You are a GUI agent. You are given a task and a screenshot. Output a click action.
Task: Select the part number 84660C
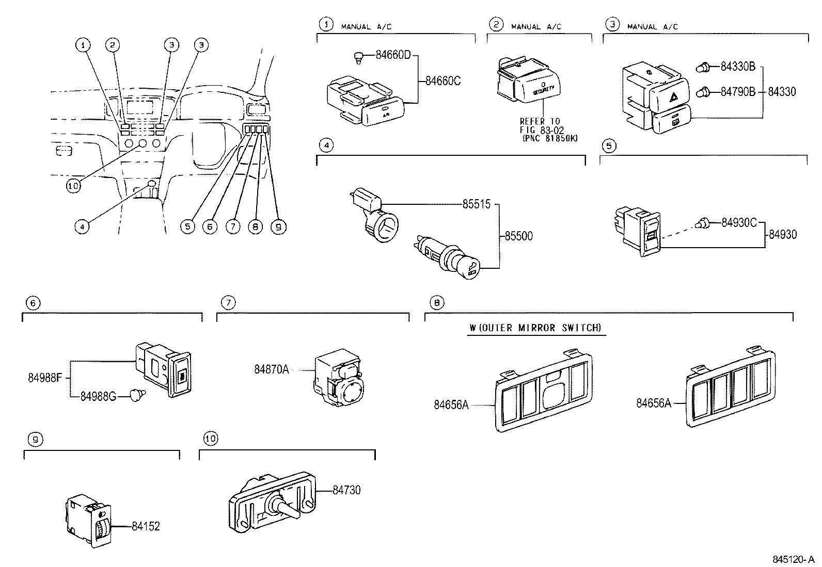[x=442, y=81]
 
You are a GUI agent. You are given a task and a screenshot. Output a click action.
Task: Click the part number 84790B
[x=738, y=92]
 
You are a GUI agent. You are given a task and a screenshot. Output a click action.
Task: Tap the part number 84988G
[x=98, y=396]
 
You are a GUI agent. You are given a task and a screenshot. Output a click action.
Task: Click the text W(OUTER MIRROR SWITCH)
[x=535, y=328]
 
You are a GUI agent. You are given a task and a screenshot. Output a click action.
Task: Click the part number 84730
[x=346, y=490]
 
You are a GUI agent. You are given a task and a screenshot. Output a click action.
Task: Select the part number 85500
[x=518, y=236]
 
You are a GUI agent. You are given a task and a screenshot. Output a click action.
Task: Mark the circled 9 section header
[x=35, y=440]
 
